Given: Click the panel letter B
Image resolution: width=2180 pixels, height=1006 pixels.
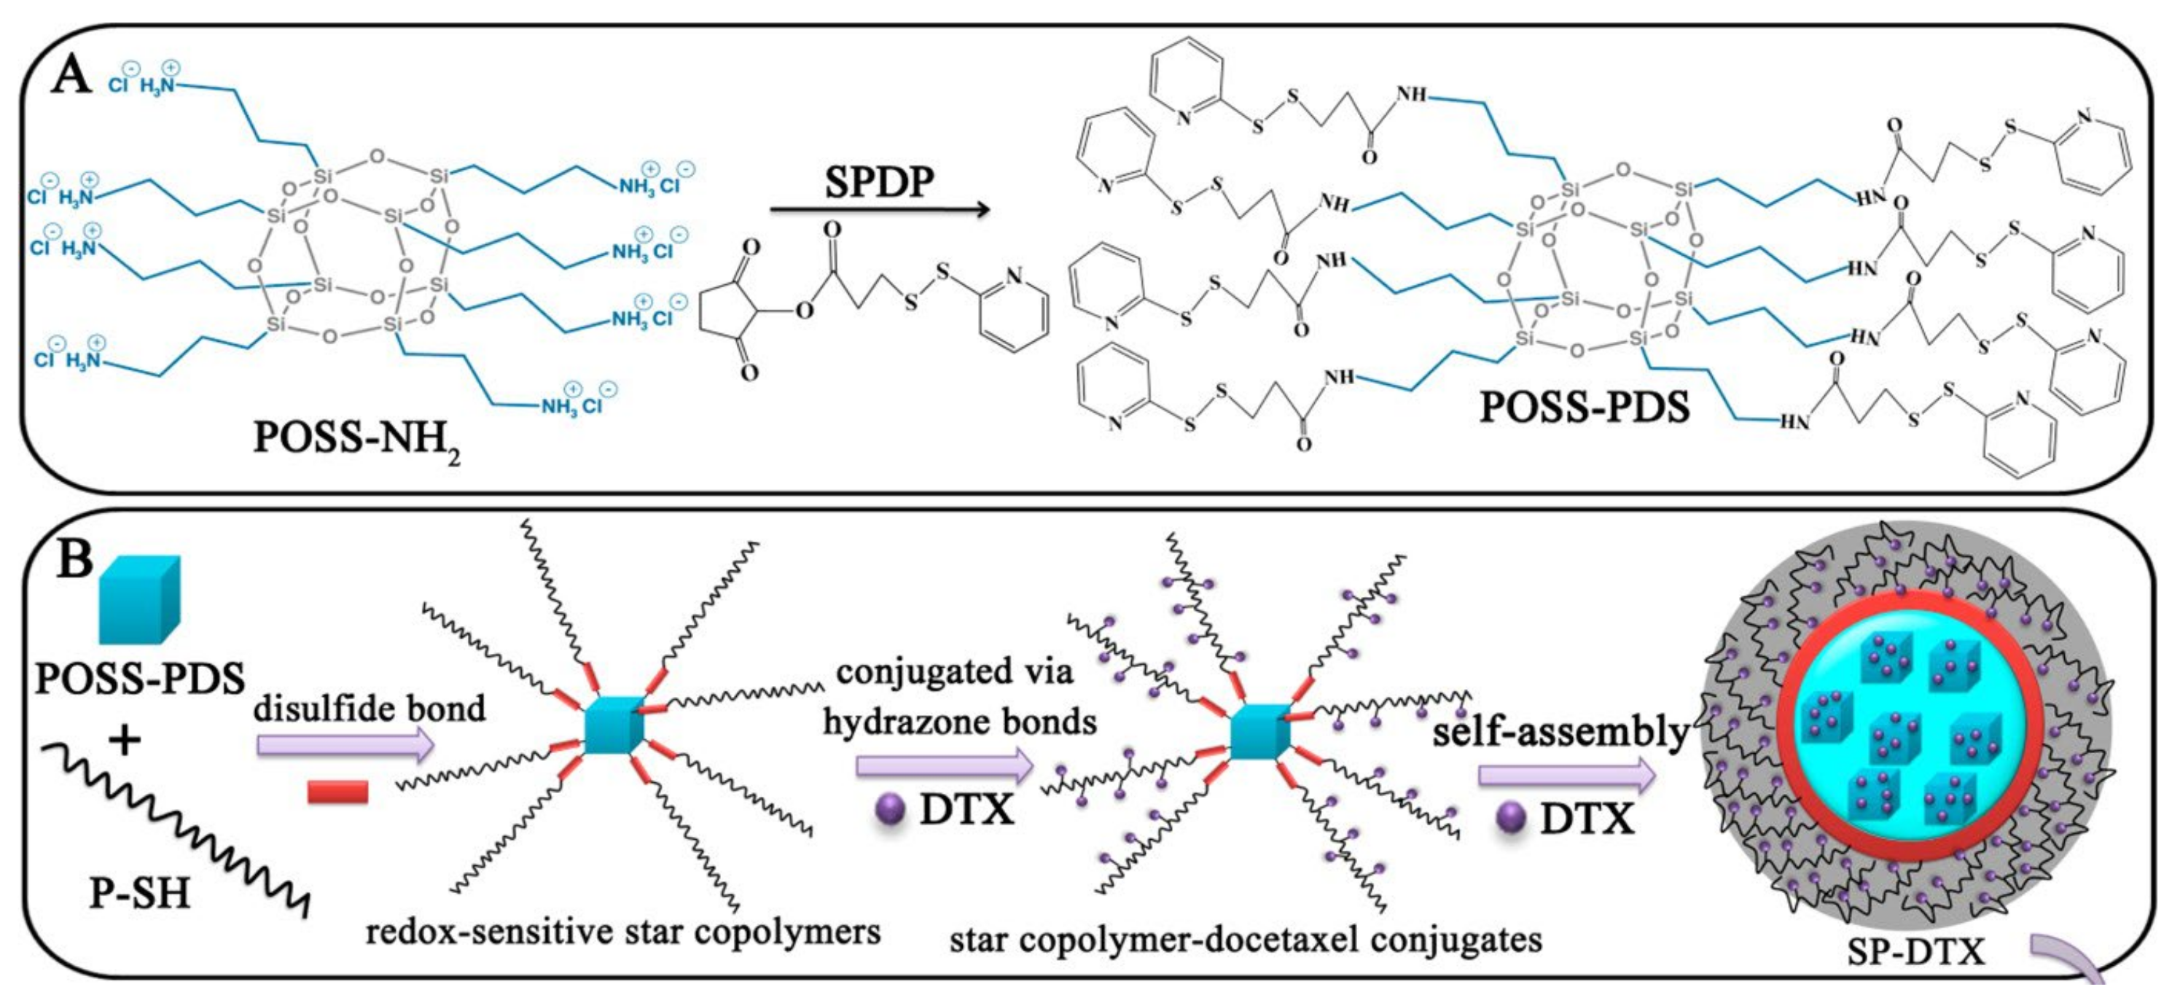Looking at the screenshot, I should pos(74,559).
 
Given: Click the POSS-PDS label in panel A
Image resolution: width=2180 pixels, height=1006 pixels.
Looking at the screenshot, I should pos(1585,407).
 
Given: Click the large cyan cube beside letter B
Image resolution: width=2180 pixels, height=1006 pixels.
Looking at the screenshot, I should pos(140,599).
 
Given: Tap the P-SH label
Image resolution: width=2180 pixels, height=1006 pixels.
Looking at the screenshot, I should pos(141,892).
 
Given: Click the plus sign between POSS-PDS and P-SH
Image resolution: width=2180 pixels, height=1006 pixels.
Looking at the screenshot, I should pos(125,741).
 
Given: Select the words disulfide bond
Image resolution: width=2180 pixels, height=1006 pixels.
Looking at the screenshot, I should pos(370,708).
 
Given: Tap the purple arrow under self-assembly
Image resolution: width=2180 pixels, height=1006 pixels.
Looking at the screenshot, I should pos(1566,776).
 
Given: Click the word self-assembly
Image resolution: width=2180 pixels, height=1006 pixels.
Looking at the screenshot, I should pos(1560,731).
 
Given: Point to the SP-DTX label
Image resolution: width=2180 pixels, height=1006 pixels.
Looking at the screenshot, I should pos(1915,952).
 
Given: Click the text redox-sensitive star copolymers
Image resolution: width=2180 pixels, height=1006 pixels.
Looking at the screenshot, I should pos(623,932).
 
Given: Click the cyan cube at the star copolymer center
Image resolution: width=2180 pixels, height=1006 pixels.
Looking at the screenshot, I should pos(614,726).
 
